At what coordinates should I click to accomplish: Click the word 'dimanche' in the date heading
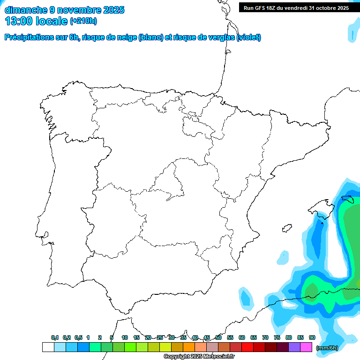pyautogui.click(x=26, y=10)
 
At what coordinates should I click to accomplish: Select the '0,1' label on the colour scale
pyautogui.click(x=55, y=338)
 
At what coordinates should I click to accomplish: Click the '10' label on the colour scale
pyautogui.click(x=125, y=338)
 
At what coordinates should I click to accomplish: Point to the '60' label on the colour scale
pyautogui.click(x=242, y=338)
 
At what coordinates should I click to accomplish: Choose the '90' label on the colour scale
pyautogui.click(x=312, y=338)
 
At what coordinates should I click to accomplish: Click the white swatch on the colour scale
pyautogui.click(x=48, y=347)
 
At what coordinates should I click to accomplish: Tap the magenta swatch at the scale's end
pyautogui.click(x=306, y=347)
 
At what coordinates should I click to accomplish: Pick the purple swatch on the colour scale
pyautogui.click(x=294, y=347)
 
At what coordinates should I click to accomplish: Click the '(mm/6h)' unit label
pyautogui.click(x=328, y=347)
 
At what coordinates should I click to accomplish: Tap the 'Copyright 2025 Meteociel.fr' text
pyautogui.click(x=199, y=357)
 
